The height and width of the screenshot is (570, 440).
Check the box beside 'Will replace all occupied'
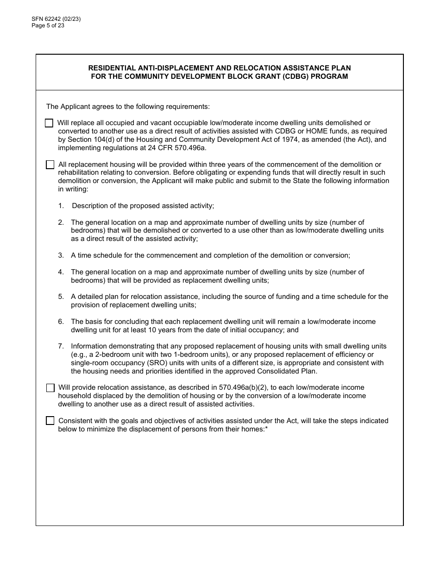pyautogui.click(x=49, y=123)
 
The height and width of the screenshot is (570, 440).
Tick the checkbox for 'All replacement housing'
pyautogui.click(x=50, y=165)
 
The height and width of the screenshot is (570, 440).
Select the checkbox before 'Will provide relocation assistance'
pyautogui.click(x=50, y=388)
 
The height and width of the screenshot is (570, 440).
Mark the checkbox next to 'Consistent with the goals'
pyautogui.click(x=50, y=421)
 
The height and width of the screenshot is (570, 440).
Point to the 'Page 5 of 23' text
pyautogui.click(x=48, y=25)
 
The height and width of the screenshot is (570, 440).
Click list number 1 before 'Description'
pyautogui.click(x=61, y=206)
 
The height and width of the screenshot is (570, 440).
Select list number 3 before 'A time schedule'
pyautogui.click(x=61, y=255)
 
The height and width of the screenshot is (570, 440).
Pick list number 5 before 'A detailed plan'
pyautogui.click(x=61, y=297)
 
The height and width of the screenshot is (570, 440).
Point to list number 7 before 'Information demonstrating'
pyautogui.click(x=61, y=346)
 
